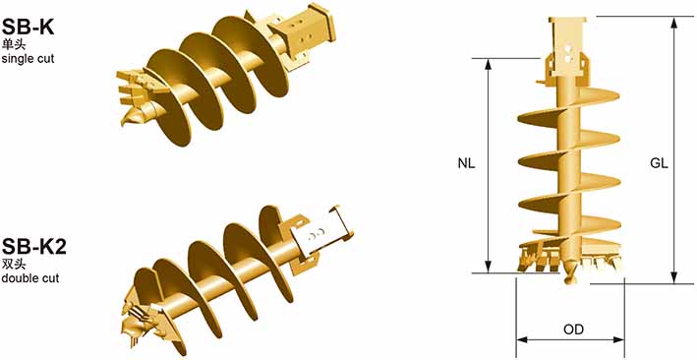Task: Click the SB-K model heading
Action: tap(28, 28)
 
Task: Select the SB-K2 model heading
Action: tap(34, 247)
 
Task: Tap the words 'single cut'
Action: tap(28, 59)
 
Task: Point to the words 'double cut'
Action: tap(30, 278)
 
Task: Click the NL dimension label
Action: tap(467, 163)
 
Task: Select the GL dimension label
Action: tap(660, 163)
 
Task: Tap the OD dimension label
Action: tap(573, 330)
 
